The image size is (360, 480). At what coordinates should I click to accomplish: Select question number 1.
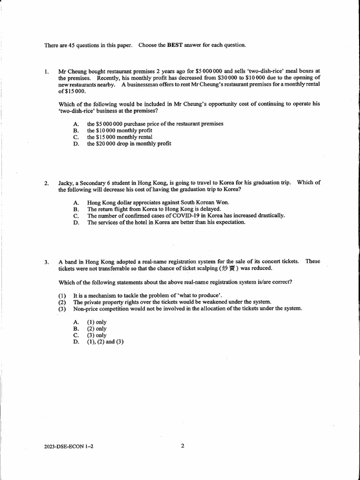click(46, 72)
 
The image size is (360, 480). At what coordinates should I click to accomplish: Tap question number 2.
click(46, 183)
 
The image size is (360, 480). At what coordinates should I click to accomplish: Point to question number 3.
click(46, 262)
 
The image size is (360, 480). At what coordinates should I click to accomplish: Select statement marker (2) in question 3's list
click(62, 302)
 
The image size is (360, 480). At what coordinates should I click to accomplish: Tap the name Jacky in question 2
click(67, 183)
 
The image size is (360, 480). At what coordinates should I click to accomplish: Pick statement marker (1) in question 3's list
click(62, 295)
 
